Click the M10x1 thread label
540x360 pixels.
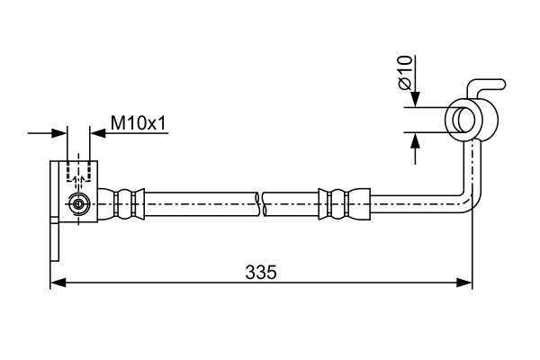pos(139,123)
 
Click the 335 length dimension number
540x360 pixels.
pos(261,272)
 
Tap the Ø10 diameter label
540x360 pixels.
pos(405,72)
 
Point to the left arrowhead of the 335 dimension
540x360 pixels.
pos(58,283)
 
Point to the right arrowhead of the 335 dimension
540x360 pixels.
pos(464,283)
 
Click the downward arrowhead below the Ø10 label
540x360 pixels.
pos(416,100)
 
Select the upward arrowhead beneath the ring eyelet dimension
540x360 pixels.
pos(416,140)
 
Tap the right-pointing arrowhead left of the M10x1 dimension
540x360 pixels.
pos(58,133)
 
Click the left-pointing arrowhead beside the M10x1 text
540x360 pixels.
pos(97,133)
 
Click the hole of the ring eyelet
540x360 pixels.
pos(463,120)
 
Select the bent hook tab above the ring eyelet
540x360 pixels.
pos(486,88)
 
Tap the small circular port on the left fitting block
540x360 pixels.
pos(79,204)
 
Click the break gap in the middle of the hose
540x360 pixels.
pos(261,204)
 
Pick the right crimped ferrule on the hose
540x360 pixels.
pos(345,204)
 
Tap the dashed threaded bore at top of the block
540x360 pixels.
pos(79,171)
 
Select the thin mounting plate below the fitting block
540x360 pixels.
pos(55,211)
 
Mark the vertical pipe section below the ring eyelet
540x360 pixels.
pos(472,166)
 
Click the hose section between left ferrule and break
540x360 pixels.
pos(201,204)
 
